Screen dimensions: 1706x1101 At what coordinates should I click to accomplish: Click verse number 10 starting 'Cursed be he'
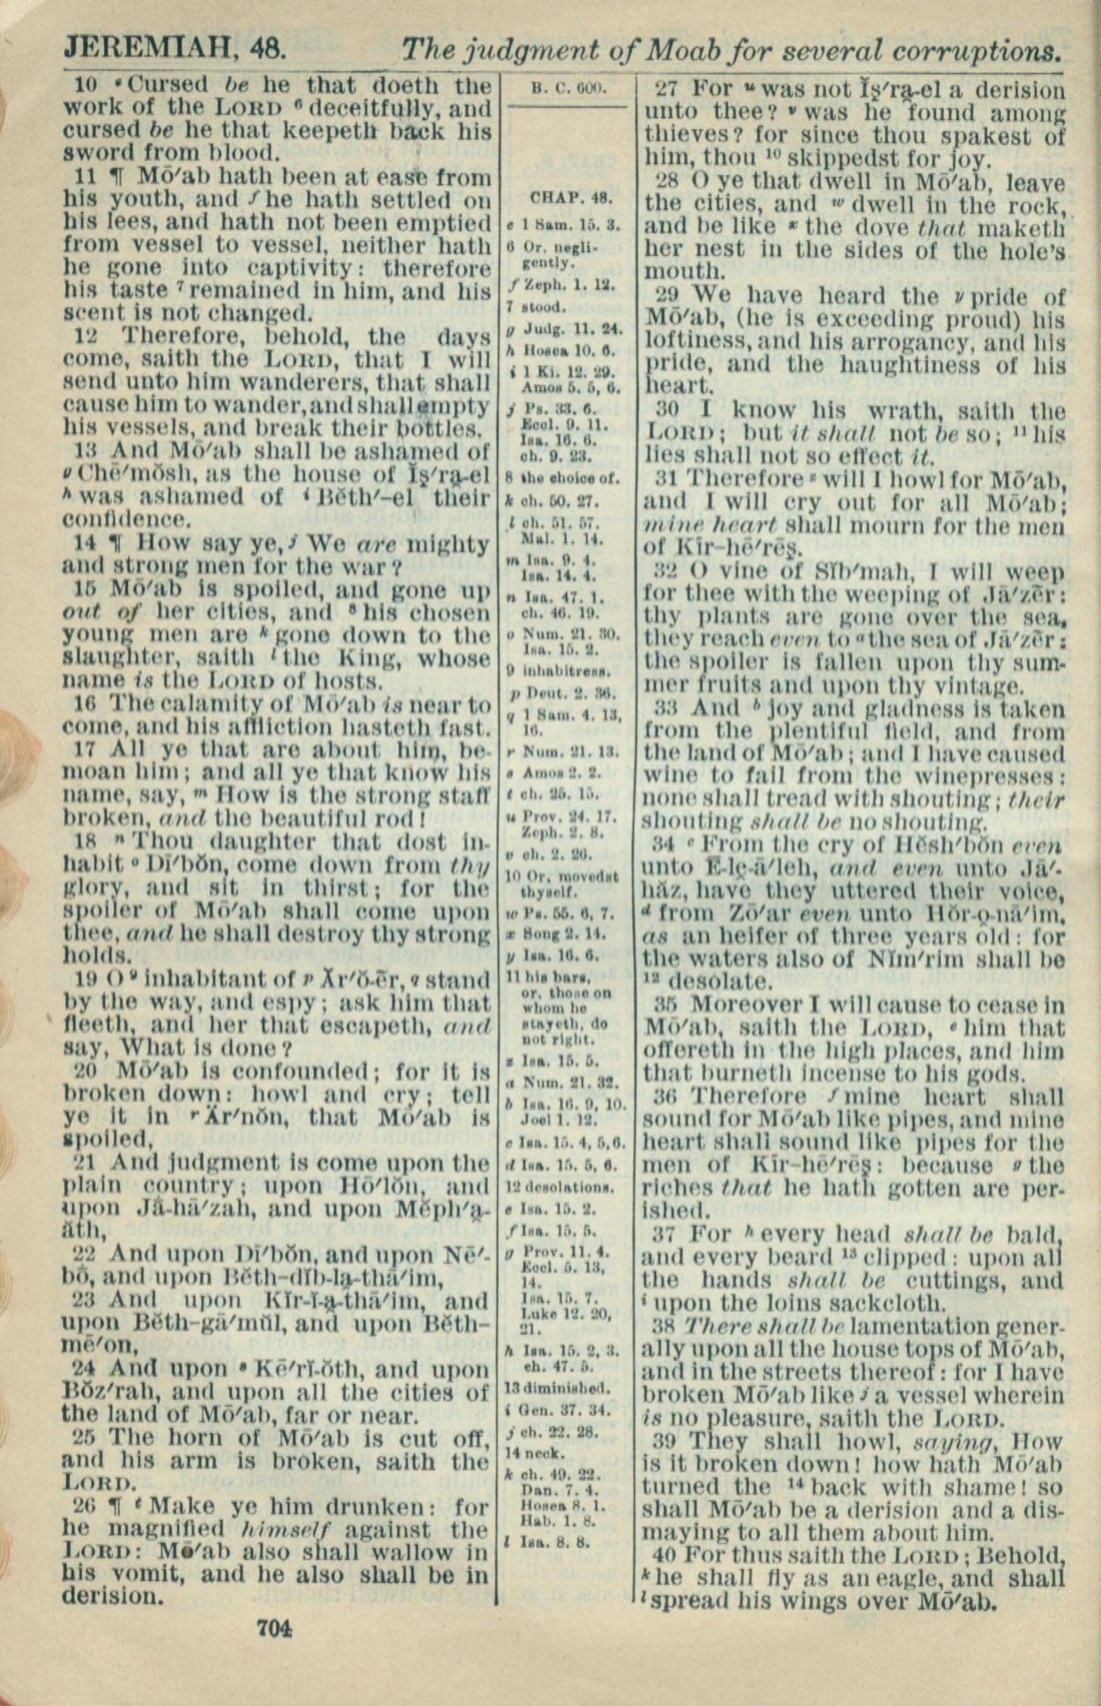pos(86,85)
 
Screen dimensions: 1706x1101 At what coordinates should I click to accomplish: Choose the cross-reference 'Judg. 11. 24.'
pos(574,330)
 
